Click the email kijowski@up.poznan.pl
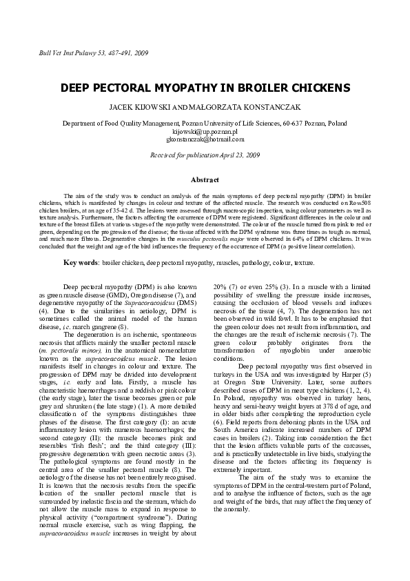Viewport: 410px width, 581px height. (x=205, y=131)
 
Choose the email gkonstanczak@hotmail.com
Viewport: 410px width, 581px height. (x=205, y=139)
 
